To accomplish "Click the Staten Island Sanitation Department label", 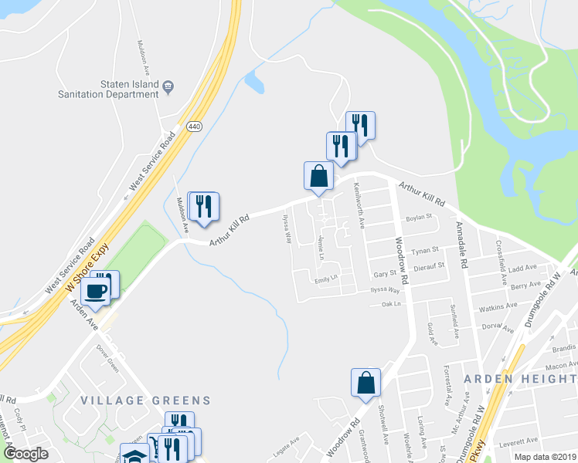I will click(108, 89).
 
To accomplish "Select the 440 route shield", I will click(193, 127).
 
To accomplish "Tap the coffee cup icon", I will click(96, 290).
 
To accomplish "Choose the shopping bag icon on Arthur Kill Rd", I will click(318, 177).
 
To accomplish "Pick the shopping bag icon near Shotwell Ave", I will click(365, 383).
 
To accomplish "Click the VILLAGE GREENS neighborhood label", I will click(144, 400).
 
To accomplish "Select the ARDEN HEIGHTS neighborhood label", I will click(519, 378).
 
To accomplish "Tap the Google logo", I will click(25, 454).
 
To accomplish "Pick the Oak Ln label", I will click(392, 304).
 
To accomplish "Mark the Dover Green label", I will click(107, 358).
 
